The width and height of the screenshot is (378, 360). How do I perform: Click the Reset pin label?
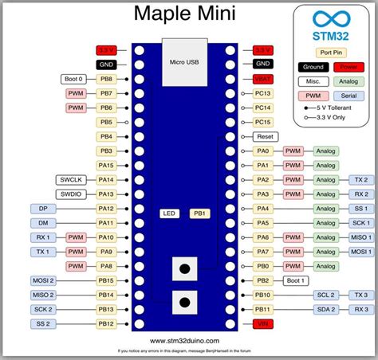click(264, 136)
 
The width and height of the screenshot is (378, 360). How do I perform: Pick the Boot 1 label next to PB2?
click(297, 280)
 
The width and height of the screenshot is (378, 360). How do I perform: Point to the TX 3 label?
click(360, 295)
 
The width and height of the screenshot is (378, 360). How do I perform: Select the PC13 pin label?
click(263, 93)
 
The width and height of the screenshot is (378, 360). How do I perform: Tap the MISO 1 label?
click(360, 237)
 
